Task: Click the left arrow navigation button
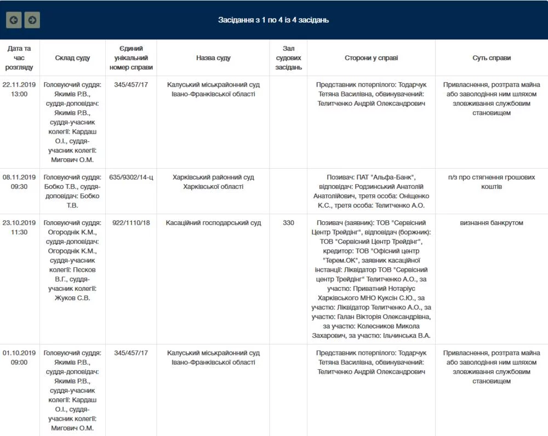click(x=14, y=20)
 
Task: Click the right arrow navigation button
click(x=32, y=20)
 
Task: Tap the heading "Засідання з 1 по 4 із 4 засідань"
click(x=273, y=20)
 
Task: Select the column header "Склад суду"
click(x=72, y=58)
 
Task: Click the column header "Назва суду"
click(x=213, y=58)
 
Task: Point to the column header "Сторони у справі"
click(x=371, y=58)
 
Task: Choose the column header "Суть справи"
click(x=492, y=58)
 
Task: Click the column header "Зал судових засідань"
click(x=288, y=58)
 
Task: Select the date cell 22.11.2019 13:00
click(x=19, y=89)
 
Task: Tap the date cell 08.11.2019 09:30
click(x=19, y=182)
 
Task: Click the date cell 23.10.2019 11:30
click(x=19, y=227)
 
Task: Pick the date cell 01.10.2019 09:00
click(x=19, y=358)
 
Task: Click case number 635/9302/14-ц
click(x=131, y=177)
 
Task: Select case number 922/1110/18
click(x=131, y=223)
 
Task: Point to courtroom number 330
click(x=288, y=223)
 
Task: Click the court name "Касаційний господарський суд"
click(x=213, y=223)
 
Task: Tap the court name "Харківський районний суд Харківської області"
click(x=213, y=182)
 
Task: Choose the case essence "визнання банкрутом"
click(x=492, y=223)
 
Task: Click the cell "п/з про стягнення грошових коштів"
click(x=492, y=182)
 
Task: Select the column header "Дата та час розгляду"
click(x=19, y=58)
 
